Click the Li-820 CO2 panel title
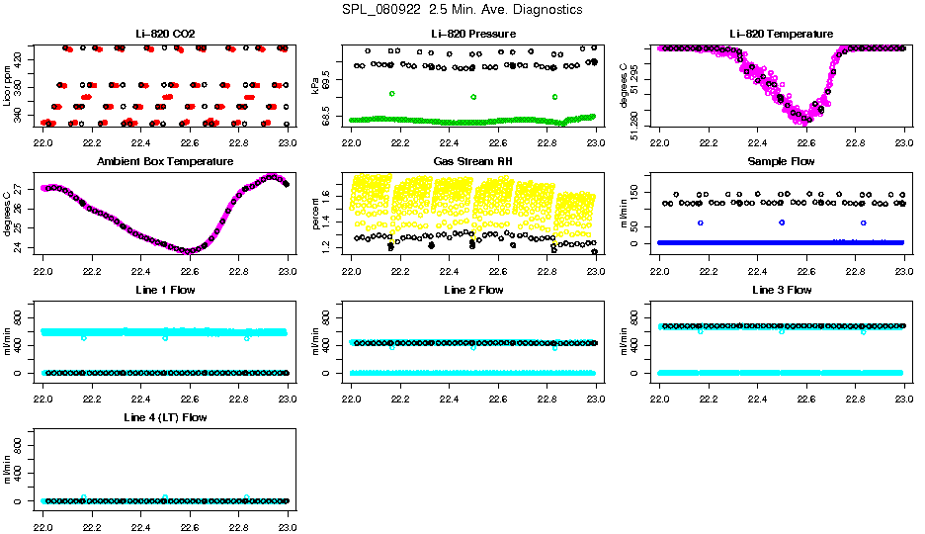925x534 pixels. click(165, 35)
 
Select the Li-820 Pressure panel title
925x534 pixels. click(473, 35)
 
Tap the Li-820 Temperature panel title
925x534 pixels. click(782, 35)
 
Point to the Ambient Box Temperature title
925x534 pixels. click(165, 161)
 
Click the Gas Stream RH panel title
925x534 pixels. click(473, 161)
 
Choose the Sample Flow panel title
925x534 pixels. click(782, 161)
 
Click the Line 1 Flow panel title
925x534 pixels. click(165, 290)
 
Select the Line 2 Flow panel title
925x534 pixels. click(473, 290)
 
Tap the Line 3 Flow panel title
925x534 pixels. click(782, 290)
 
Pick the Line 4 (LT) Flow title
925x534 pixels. click(165, 418)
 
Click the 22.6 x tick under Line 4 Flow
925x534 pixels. click(190, 517)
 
